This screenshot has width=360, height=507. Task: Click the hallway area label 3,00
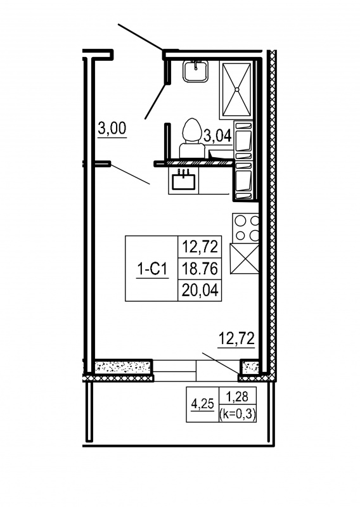(112, 129)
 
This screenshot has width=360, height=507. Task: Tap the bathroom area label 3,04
(217, 136)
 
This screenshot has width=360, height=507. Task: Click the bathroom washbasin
(196, 72)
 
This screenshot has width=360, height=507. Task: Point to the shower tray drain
(237, 89)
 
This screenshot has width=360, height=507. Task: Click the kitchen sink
(184, 181)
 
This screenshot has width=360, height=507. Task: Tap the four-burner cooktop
(246, 228)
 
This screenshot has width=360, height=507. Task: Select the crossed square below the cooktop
(245, 259)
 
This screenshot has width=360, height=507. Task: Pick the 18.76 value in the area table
(200, 268)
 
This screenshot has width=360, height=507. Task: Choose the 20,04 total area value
(200, 290)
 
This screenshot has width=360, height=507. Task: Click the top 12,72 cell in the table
(200, 247)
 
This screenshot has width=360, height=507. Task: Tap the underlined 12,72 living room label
(236, 340)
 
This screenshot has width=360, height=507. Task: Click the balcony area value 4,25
(202, 404)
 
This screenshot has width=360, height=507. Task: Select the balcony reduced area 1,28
(238, 397)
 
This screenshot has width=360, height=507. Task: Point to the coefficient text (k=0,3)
(238, 414)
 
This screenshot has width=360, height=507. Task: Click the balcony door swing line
(221, 363)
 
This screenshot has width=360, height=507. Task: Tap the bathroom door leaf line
(155, 102)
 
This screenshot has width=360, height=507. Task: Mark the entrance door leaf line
(140, 37)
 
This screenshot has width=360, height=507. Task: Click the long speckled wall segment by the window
(123, 368)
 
